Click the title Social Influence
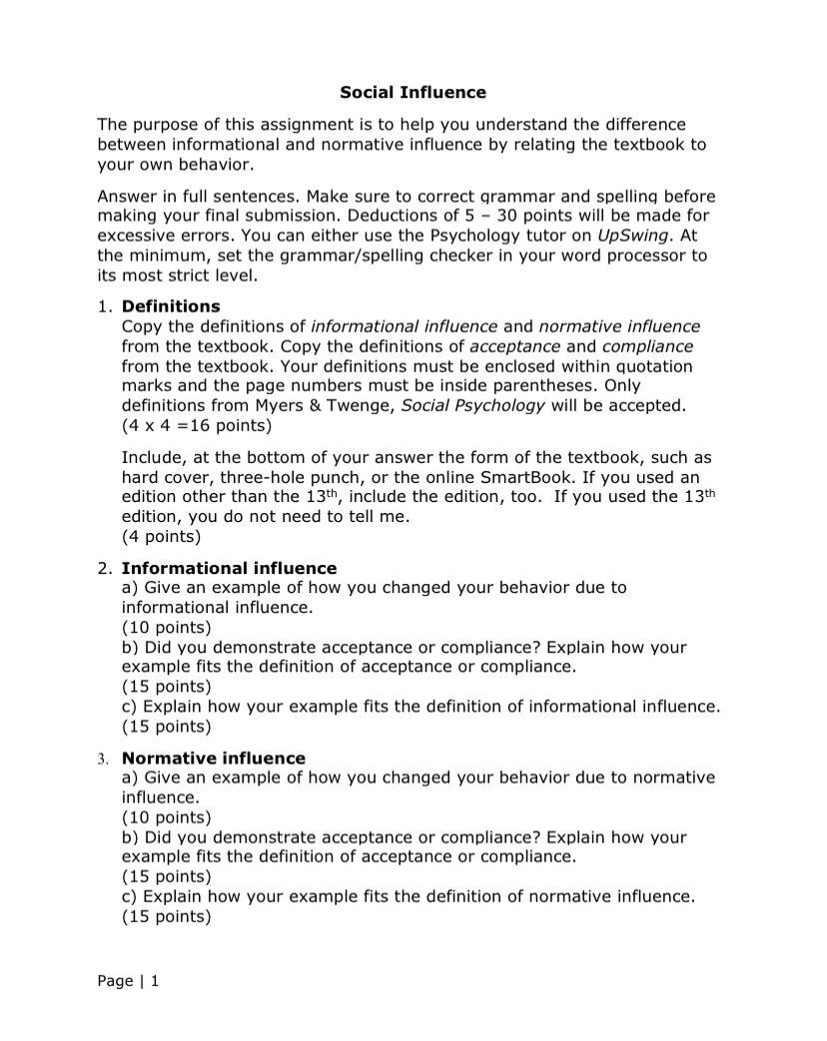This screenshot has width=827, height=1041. click(413, 93)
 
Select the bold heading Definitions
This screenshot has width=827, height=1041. click(171, 305)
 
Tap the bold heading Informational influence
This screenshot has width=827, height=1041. click(229, 568)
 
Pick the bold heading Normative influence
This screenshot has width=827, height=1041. click(213, 758)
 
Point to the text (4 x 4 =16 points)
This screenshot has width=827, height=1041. click(196, 424)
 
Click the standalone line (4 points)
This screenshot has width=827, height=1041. click(161, 536)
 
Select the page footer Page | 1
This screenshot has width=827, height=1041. click(128, 981)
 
